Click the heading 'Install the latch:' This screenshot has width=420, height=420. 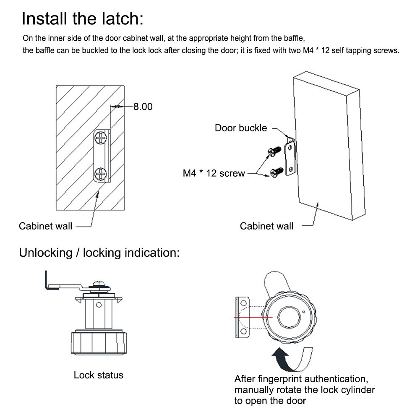(x=82, y=19)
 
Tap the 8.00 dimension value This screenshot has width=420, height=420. (x=143, y=107)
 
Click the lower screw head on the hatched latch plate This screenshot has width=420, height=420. (x=101, y=173)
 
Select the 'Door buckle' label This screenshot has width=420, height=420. (x=241, y=128)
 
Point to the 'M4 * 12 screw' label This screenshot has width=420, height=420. (x=214, y=173)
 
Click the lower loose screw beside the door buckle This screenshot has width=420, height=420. (x=277, y=171)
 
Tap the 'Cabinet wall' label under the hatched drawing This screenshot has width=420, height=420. (x=45, y=226)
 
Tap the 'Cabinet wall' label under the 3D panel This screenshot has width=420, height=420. (x=266, y=226)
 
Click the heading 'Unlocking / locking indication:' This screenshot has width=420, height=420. (x=99, y=253)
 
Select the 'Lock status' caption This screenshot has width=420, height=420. (x=99, y=375)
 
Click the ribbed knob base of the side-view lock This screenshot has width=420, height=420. (x=98, y=344)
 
